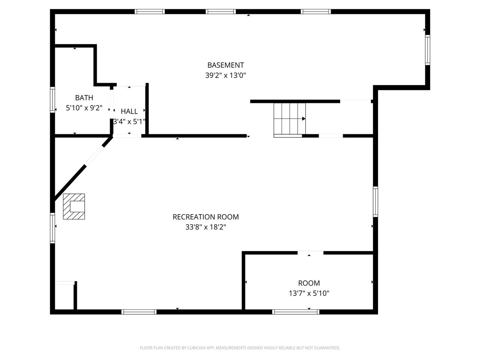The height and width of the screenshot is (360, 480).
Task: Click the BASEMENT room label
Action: pos(225,65)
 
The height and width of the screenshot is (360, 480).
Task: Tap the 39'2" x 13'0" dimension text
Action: pos(225,75)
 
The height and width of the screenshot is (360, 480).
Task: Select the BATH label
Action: pos(84,98)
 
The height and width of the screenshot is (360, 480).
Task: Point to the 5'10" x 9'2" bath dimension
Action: pos(84,108)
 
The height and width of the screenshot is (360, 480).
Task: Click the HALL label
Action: pos(129,111)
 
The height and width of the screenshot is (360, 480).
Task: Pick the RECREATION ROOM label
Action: pos(205,217)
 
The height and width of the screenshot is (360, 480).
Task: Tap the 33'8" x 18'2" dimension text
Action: pos(205,227)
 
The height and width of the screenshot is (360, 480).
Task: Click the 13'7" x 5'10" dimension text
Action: pos(309,293)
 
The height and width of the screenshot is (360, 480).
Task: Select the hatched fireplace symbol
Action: pos(74,206)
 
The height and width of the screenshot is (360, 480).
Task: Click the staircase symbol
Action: pos(289,120)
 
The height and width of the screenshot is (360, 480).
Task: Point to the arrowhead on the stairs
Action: pos(304,119)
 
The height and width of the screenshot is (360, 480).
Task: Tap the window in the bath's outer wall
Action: pos(52,100)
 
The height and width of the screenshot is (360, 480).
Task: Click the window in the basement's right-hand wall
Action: pos(427,50)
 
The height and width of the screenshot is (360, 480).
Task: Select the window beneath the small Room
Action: pos(295,312)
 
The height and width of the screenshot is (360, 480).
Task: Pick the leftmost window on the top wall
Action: pos(150,12)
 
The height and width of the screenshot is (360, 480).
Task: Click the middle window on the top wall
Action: pos(220,12)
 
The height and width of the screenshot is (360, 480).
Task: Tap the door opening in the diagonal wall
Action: pos(94,155)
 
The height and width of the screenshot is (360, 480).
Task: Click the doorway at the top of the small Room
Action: pos(310,253)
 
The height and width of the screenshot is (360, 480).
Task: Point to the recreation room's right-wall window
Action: pos(375,202)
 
